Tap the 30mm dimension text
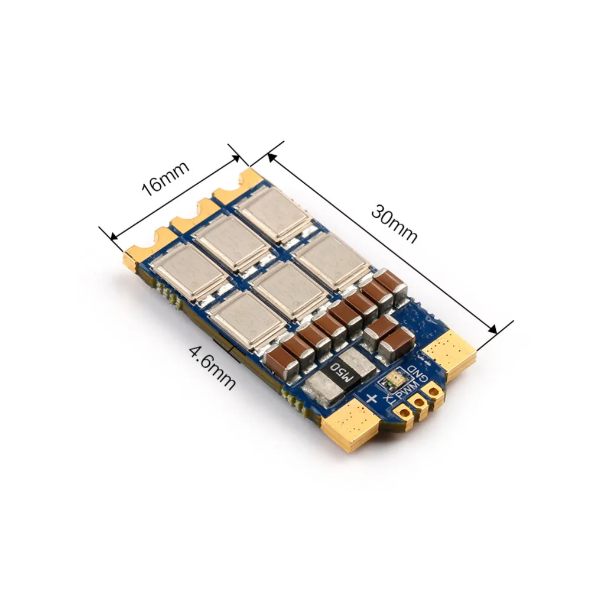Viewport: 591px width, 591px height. tap(394, 224)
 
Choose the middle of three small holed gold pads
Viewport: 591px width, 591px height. tap(421, 401)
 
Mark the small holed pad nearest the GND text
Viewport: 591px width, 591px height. tap(434, 393)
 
